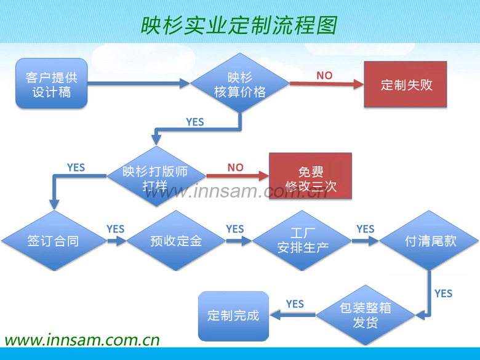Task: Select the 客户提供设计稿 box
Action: click(x=52, y=84)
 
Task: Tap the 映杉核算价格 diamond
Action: click(x=239, y=84)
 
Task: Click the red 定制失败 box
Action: click(x=405, y=85)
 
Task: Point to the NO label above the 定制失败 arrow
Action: click(x=324, y=75)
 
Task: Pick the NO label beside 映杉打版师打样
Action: click(x=235, y=167)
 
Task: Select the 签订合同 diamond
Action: click(x=53, y=241)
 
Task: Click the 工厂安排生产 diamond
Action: click(x=301, y=241)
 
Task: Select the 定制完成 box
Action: click(x=233, y=316)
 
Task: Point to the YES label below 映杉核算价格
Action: click(x=195, y=122)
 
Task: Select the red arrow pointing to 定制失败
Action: click(x=326, y=85)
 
